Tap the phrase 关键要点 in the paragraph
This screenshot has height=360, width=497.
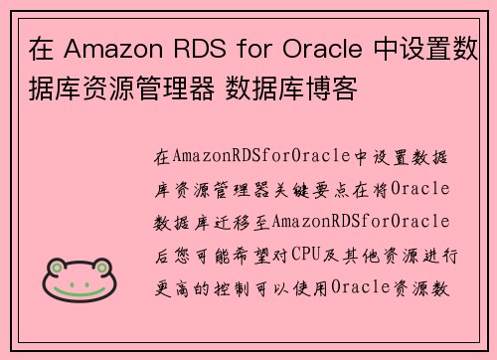342,189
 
